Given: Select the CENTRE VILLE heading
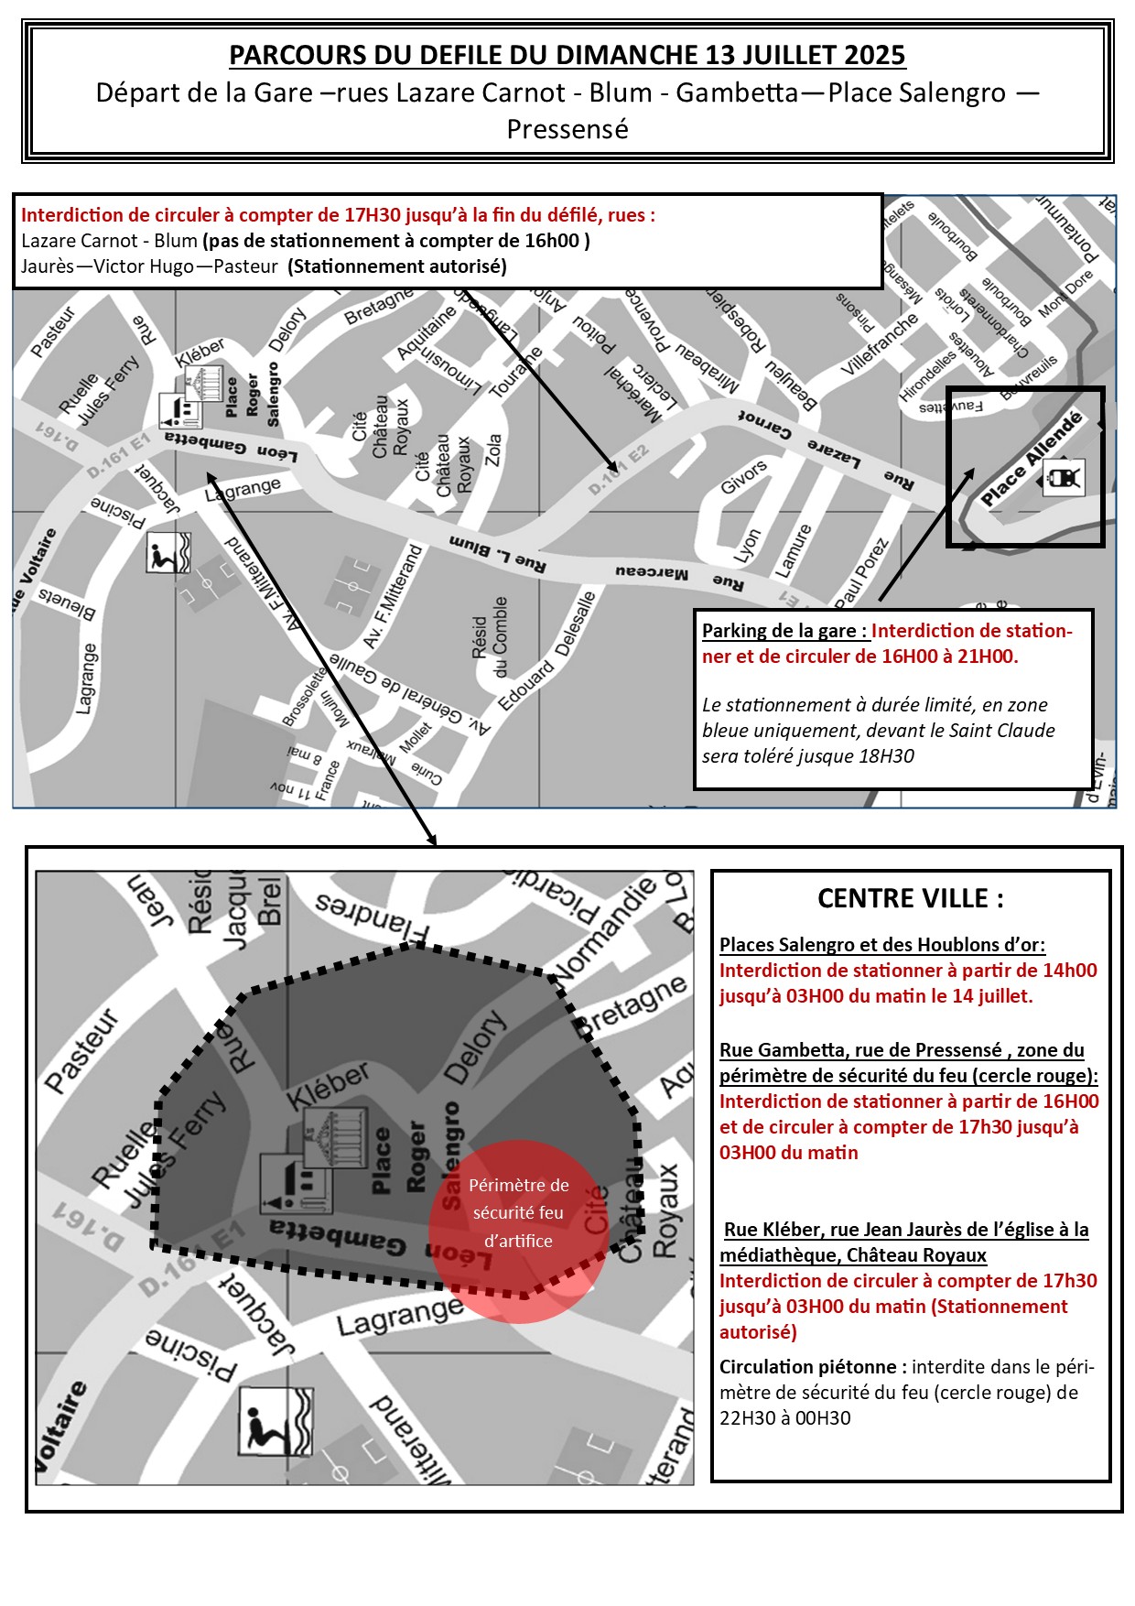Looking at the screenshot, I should click(910, 898).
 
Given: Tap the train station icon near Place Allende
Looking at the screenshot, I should click(1065, 478).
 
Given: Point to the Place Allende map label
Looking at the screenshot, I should click(1031, 459).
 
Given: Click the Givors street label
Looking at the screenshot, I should click(743, 477).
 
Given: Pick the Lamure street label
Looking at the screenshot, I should click(794, 550).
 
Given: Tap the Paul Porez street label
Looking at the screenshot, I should click(861, 574).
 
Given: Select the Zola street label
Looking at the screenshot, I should click(493, 450).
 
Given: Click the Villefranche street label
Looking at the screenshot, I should click(880, 344).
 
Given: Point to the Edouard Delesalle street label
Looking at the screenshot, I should click(546, 651).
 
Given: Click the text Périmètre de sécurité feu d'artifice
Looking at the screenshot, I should click(519, 1212).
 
